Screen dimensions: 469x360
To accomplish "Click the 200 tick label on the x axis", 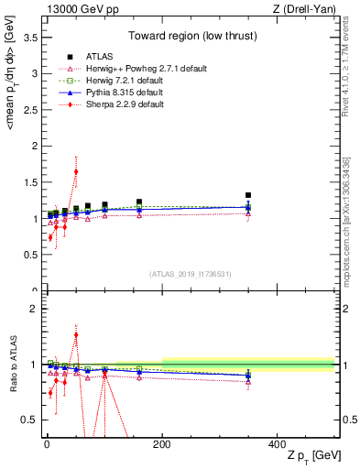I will click(162, 442).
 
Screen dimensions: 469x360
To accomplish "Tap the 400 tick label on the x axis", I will click(278, 442).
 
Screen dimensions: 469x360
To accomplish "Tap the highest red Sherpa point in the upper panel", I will click(76, 171).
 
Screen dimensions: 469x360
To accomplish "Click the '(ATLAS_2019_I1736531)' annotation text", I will click(190, 274).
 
